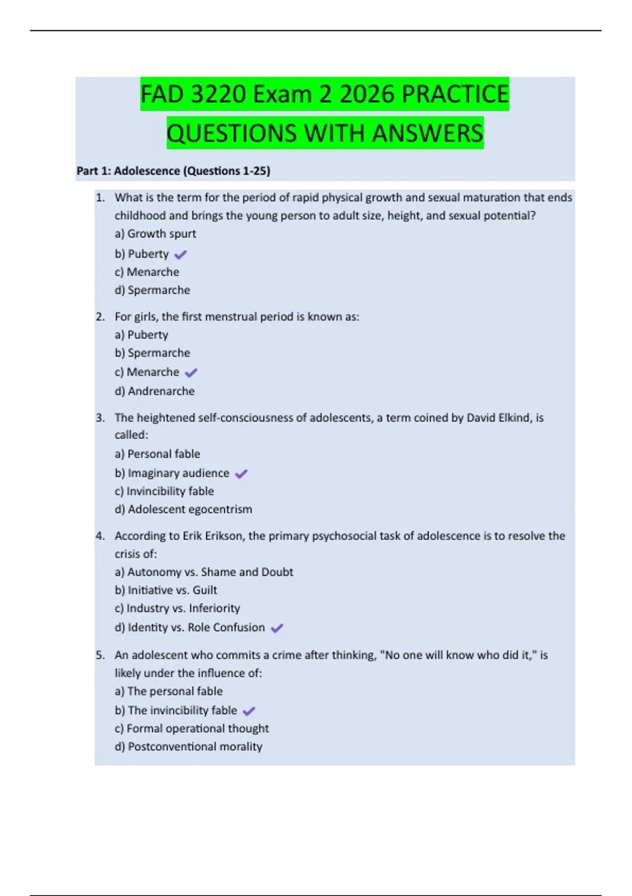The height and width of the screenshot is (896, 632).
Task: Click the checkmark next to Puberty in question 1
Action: pos(180,255)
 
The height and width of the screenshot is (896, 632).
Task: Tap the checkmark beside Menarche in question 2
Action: pos(191,373)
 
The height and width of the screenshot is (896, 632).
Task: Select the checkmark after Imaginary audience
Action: pos(241,474)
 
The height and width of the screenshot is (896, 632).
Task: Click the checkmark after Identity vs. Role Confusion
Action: pos(276,628)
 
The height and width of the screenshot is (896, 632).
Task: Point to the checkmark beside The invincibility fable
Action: pos(249,711)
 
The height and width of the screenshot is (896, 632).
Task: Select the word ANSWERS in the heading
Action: pos(427,133)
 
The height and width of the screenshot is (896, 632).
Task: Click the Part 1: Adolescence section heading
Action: pos(173,171)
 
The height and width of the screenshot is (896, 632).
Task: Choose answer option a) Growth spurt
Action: pos(155,233)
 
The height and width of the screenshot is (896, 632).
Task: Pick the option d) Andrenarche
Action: pos(155,391)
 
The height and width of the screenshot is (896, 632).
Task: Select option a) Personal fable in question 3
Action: pos(157,454)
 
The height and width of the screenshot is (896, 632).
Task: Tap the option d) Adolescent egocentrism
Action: pos(183,509)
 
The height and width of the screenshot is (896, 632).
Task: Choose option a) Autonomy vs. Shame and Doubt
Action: pos(204,572)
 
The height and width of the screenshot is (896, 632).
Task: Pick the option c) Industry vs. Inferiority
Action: pos(177,608)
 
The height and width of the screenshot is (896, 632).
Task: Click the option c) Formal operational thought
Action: pos(192,728)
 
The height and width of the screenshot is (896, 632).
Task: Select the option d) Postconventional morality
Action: pos(189,746)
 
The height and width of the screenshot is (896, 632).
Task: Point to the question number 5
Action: pos(100,655)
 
